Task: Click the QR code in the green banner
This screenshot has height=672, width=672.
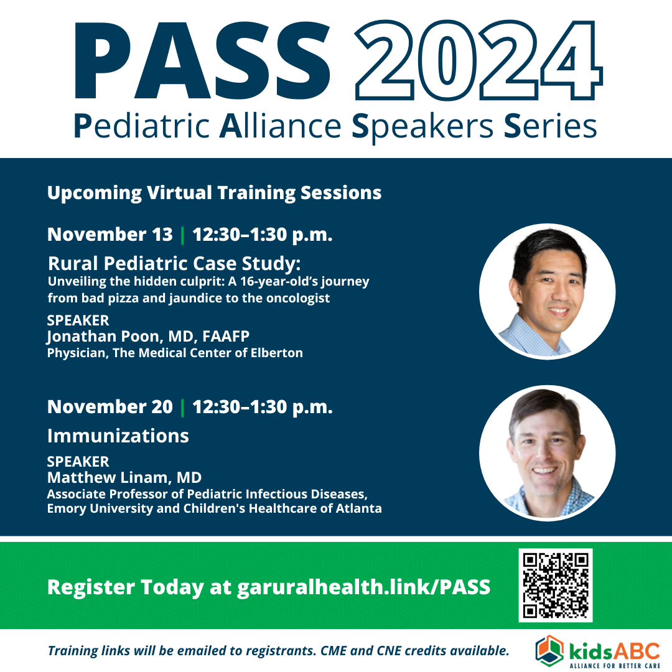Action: (556, 585)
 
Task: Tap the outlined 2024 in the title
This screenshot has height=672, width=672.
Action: (478, 60)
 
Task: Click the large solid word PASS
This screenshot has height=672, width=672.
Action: (202, 60)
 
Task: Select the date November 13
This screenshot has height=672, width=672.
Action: (110, 235)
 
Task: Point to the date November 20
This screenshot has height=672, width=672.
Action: (110, 407)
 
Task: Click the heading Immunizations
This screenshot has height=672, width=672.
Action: (118, 436)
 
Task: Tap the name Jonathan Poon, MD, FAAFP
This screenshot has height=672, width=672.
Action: (148, 337)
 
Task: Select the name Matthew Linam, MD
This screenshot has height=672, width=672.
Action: (124, 477)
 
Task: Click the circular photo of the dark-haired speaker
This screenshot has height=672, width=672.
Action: (548, 291)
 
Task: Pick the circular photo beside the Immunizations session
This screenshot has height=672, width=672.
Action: (548, 454)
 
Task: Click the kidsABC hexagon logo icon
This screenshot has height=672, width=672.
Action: (549, 651)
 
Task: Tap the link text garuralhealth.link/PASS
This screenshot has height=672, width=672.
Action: (363, 587)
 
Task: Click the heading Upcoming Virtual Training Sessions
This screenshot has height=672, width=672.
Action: (214, 193)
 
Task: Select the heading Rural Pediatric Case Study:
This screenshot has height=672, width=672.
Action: (174, 263)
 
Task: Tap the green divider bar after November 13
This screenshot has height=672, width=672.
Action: (182, 235)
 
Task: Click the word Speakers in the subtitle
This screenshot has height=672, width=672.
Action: (422, 126)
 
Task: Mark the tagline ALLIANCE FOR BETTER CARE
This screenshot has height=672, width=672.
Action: (615, 666)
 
